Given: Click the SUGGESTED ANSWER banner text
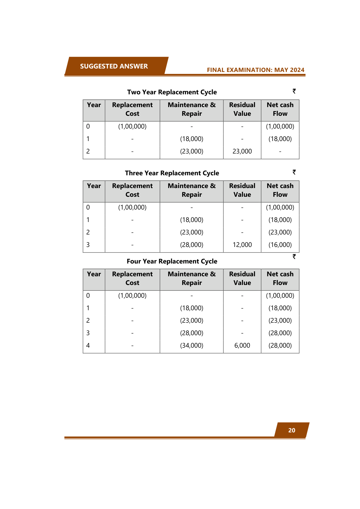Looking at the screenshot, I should pos(114,66).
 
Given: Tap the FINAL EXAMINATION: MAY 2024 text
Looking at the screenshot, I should pos(256,70).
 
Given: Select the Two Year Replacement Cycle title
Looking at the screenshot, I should pos(172,92).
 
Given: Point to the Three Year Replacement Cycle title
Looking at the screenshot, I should pos(172,173).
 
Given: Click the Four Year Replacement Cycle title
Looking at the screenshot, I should pos(172,261).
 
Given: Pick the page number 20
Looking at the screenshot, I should pos(292,430).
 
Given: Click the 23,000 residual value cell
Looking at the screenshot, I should pos(242,151).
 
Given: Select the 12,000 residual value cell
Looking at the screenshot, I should pos(242,245).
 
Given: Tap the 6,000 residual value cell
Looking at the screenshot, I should pos(242,345).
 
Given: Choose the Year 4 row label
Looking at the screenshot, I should pos(88,345).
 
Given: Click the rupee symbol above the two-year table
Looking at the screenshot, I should pos(294,91).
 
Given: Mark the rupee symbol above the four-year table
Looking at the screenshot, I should pos(294,257).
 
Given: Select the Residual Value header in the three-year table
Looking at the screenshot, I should pos(242,190).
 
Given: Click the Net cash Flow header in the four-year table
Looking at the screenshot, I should pos(280,278).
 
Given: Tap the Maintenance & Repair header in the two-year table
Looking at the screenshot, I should pos(191,109).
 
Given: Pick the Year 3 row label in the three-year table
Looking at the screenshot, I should pos(88,245).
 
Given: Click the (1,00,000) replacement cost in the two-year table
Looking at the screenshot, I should pos(132,126).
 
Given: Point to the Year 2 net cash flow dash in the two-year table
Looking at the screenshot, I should pos(280,151).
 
